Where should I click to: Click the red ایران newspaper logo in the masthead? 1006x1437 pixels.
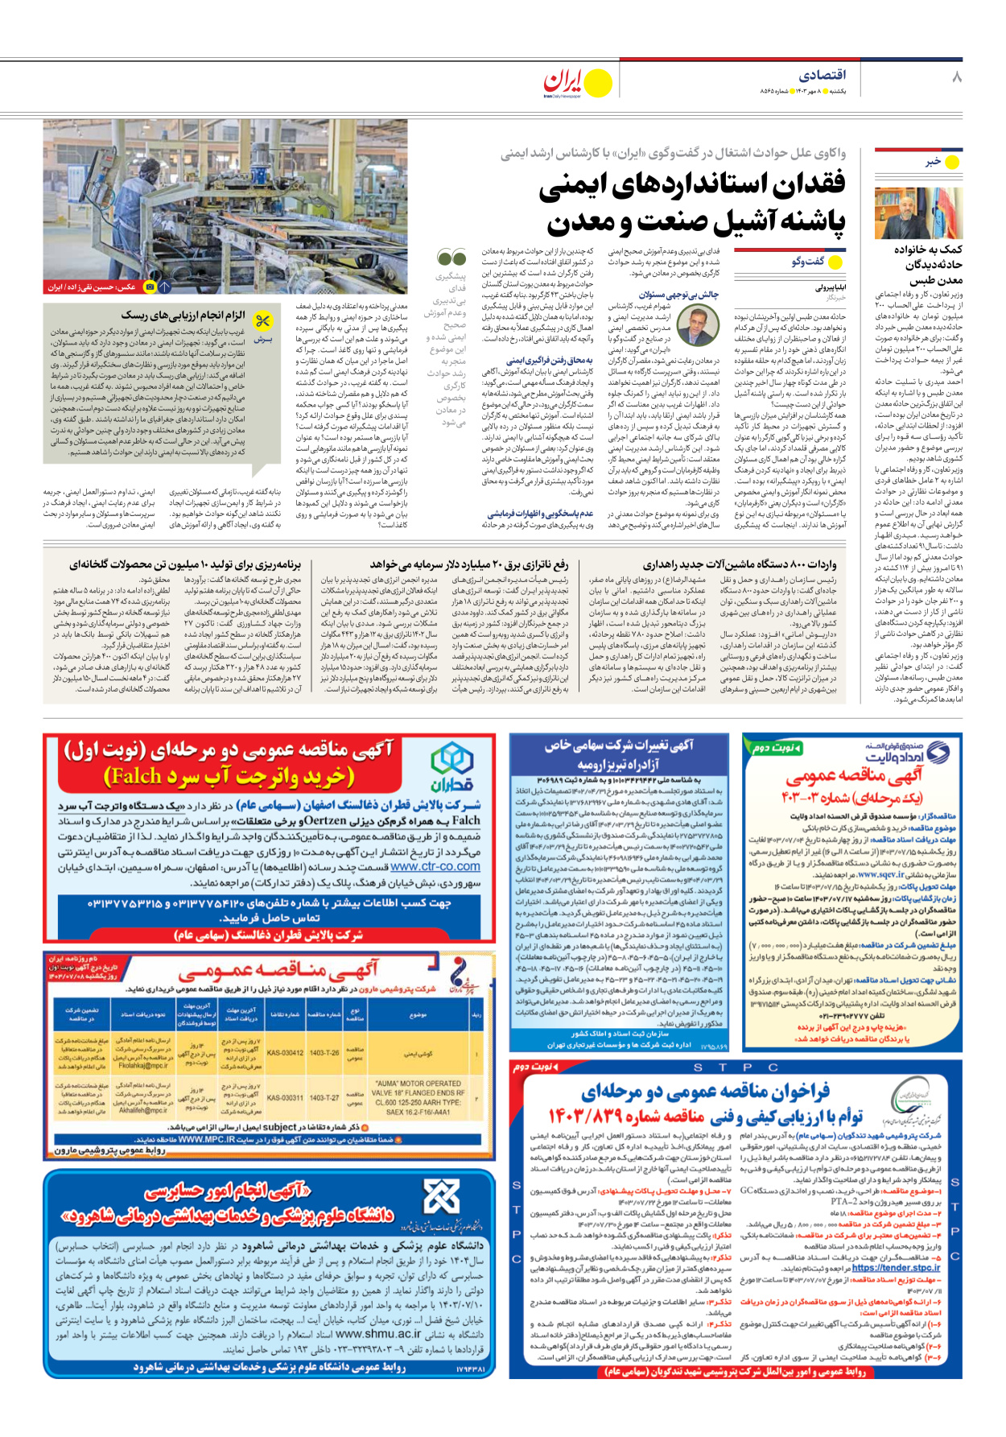[563, 81]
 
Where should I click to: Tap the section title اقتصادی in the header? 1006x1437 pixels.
[822, 75]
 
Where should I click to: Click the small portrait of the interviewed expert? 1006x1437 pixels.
[698, 326]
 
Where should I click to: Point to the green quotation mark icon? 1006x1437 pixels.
[451, 258]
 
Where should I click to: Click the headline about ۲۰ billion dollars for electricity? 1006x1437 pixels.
[469, 564]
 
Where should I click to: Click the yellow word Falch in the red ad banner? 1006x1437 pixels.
[134, 776]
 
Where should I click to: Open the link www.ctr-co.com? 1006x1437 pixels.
[435, 866]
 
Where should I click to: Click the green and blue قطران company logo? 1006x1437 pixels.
[451, 767]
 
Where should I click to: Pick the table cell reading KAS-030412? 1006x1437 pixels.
[285, 1052]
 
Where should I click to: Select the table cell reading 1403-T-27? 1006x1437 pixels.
[324, 1098]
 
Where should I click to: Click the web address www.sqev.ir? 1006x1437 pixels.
[879, 873]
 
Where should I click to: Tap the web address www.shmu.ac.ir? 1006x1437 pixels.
[378, 1333]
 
